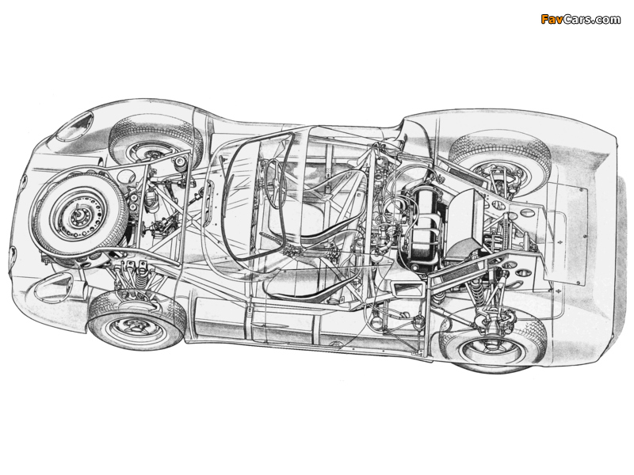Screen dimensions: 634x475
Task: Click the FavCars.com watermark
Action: pos(580,19)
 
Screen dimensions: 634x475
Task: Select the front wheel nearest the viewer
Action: pos(137,321)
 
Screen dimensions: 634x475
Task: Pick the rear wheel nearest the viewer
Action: pos(493,340)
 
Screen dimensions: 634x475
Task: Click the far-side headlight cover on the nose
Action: pos(75,125)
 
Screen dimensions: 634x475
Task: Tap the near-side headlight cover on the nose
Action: pos(52,286)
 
